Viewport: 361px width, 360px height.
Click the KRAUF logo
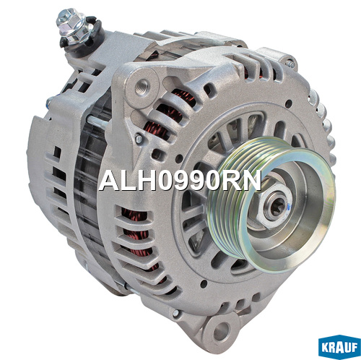click(x=339, y=347)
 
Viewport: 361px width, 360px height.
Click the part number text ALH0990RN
click(x=180, y=181)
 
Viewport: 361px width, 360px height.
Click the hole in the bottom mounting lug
click(x=221, y=331)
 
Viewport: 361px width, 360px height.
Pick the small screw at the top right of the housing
click(x=290, y=63)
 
